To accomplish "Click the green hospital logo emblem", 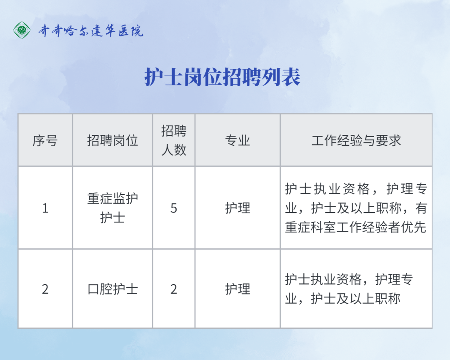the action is (22, 30).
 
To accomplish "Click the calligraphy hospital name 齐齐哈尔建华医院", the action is (91, 30).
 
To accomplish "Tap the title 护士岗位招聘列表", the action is (222, 77).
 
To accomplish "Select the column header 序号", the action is (45, 141).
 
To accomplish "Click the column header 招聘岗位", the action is (112, 141).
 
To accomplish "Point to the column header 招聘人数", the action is (174, 140).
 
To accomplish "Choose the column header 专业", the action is (237, 141).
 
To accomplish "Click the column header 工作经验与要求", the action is (356, 141).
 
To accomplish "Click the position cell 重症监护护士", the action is (112, 208).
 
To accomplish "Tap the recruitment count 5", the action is (174, 208).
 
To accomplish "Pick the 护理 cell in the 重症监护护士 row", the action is (237, 208).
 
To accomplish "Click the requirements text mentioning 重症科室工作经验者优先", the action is (356, 208).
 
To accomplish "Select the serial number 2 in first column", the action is (45, 289).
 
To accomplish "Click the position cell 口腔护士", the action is (112, 289).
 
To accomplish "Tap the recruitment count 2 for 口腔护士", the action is (174, 289).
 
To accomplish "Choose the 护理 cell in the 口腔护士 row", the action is (237, 289).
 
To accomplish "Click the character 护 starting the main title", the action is (154, 77).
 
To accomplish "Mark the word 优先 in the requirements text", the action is (414, 227).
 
